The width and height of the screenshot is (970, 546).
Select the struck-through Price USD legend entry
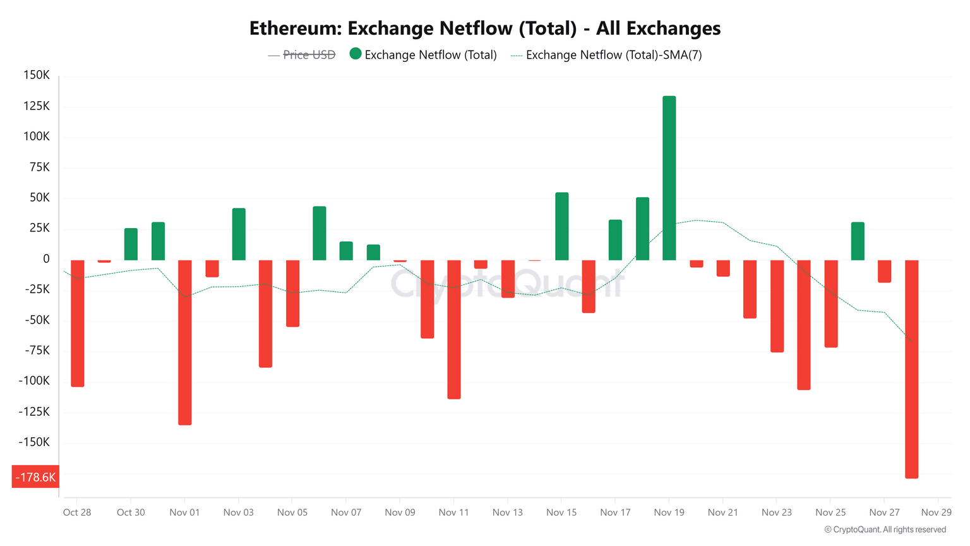point(309,55)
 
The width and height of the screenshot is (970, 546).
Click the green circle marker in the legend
point(356,54)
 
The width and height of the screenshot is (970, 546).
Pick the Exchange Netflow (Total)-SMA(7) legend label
point(613,55)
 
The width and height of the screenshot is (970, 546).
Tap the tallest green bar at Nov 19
point(669,178)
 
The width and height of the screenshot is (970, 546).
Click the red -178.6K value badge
point(35,477)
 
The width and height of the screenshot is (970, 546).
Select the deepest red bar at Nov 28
point(911,369)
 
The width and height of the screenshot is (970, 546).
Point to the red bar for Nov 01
point(184,342)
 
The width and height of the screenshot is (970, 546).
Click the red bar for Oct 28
point(77,323)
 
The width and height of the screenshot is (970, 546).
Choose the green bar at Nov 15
point(561,226)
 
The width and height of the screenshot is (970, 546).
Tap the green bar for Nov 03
point(239,234)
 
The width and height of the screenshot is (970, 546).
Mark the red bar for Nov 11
point(453,329)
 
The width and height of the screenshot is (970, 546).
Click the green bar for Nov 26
point(858,241)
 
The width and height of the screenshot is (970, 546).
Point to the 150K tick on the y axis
point(37,75)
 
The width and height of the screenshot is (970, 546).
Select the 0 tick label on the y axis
point(46,259)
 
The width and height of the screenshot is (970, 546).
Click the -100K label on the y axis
point(34,381)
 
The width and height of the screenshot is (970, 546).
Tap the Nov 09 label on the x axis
point(400,513)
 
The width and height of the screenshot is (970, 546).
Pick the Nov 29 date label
point(936,513)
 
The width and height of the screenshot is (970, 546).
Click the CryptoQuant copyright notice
point(885,530)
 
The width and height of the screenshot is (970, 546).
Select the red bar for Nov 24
point(803,325)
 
